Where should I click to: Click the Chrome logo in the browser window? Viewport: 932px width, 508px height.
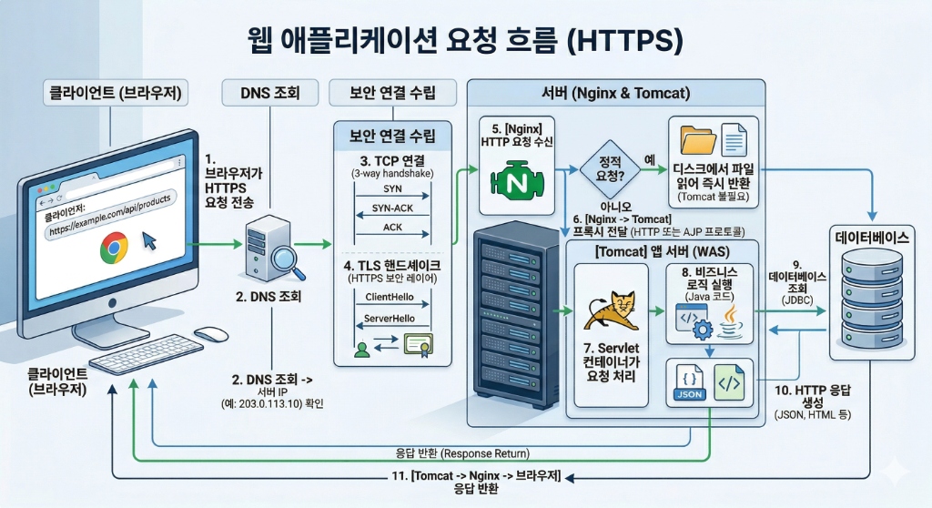coord(114,246)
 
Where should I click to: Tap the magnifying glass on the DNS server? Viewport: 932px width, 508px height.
coord(289,258)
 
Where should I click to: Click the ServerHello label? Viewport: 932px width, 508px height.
coord(390,320)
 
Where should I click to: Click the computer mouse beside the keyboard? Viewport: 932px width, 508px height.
coord(210,334)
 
